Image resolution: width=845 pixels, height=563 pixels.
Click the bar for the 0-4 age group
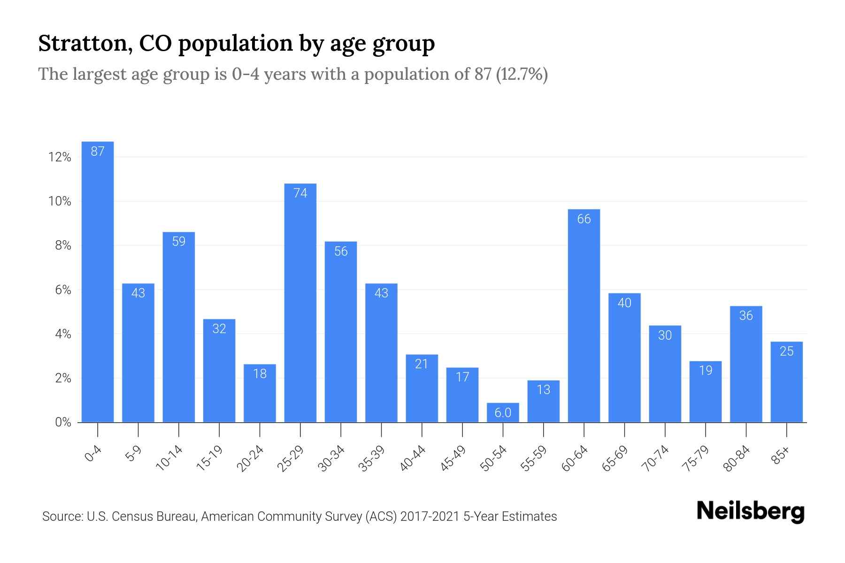pyautogui.click(x=98, y=281)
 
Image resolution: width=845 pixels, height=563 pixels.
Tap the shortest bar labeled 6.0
pyautogui.click(x=503, y=413)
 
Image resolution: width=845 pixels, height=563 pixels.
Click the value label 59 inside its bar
pyautogui.click(x=179, y=242)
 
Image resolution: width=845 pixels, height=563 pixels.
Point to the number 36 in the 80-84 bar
pyautogui.click(x=746, y=316)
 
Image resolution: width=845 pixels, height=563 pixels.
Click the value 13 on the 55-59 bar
pyautogui.click(x=543, y=390)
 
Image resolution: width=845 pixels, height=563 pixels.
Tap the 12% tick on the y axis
pyautogui.click(x=60, y=157)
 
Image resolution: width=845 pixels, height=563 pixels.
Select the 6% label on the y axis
pyautogui.click(x=62, y=290)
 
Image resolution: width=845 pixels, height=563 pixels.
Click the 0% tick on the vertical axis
pyautogui.click(x=62, y=422)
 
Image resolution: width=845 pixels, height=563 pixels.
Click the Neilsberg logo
pyautogui.click(x=750, y=512)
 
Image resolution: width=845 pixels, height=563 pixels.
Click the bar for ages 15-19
pyautogui.click(x=219, y=371)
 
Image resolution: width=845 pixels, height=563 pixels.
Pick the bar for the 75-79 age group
pyautogui.click(x=706, y=392)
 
